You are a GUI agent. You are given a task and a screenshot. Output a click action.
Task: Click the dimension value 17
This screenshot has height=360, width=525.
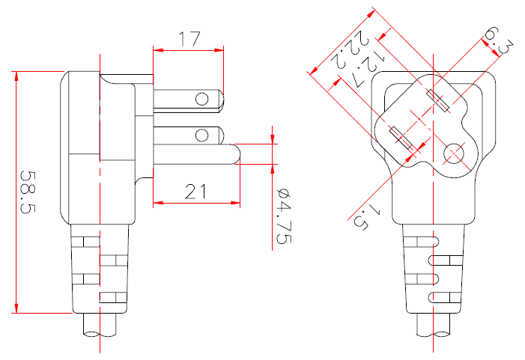click(189, 39)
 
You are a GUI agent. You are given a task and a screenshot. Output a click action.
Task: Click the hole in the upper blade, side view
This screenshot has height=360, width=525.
click(201, 99)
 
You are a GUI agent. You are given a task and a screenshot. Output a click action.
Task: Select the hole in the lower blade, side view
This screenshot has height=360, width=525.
click(201, 135)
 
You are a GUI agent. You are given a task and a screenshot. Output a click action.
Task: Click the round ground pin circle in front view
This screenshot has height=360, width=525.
click(454, 154)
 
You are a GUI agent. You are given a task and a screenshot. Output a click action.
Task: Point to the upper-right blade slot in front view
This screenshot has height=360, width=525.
click(438, 100)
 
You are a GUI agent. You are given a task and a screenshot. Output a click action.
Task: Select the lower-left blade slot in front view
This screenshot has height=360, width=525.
click(402, 141)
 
